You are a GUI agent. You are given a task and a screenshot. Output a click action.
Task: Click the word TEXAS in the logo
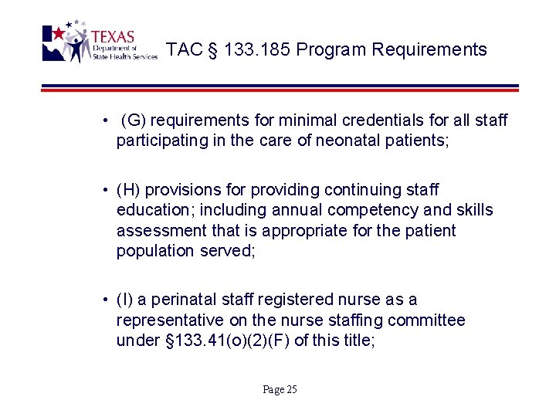113,36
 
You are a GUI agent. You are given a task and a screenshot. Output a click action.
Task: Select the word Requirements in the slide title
429,50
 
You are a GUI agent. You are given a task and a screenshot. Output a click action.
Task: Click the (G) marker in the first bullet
134,120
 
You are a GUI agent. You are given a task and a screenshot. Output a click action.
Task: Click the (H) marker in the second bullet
129,190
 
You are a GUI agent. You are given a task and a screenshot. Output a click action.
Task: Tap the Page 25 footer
280,390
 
